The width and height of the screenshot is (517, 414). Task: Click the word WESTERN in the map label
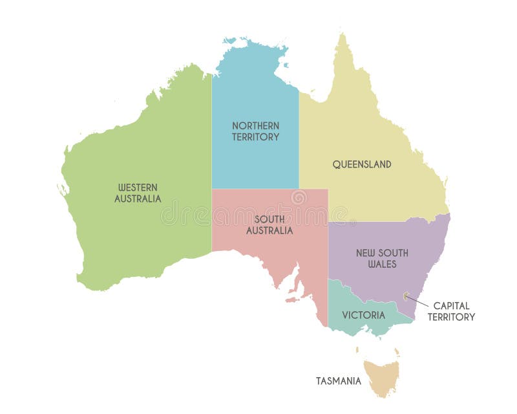point(138,188)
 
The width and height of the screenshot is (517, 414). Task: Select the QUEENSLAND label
point(362,164)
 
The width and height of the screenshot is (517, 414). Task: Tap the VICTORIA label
point(364,316)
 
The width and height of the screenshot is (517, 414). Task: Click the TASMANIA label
point(338,381)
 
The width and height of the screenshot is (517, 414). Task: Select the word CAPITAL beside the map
point(451,305)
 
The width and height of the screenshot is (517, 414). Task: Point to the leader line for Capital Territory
point(419,301)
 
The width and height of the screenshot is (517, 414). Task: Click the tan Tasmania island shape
point(381,376)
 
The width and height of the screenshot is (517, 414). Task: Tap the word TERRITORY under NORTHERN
point(256,137)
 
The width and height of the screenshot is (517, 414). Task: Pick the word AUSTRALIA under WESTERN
point(138,199)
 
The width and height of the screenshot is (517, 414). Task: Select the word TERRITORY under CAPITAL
point(451,317)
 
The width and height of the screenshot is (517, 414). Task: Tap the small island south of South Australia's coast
point(295,300)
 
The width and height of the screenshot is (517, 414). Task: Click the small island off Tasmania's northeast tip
point(397,353)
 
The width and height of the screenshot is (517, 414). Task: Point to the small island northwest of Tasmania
point(357,350)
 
